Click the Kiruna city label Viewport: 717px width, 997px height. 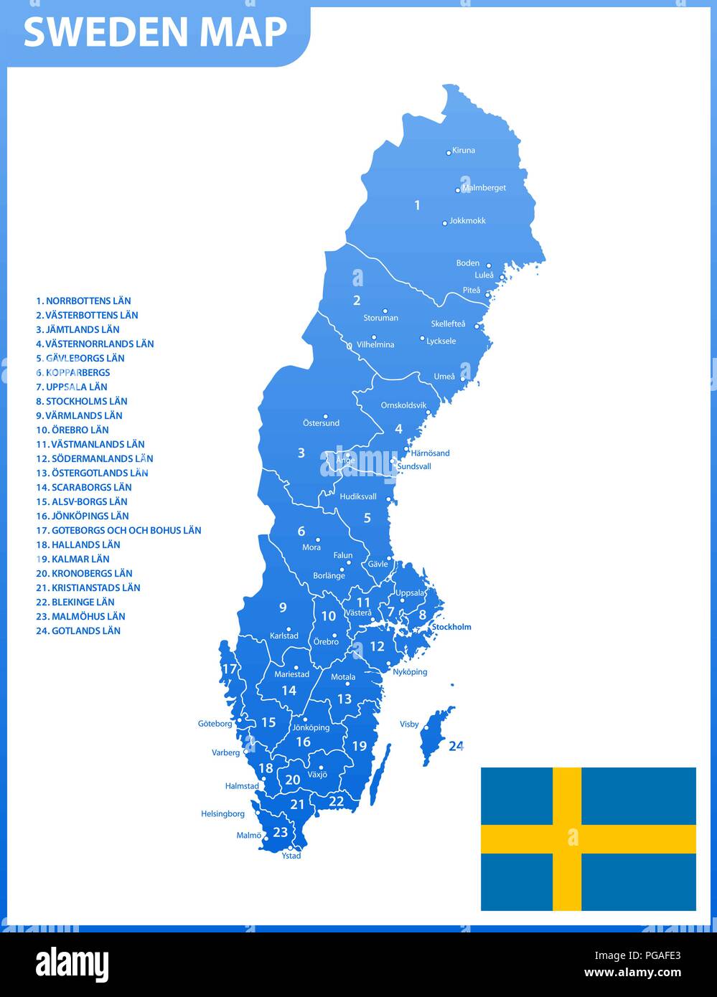(464, 151)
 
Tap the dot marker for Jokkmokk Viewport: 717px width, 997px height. (445, 223)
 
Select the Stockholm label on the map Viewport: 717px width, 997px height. (451, 627)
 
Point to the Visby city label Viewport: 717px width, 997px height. (409, 724)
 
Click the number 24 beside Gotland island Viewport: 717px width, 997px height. (456, 746)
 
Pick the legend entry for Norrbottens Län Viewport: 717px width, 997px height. (83, 301)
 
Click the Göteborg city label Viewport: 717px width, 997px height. (215, 724)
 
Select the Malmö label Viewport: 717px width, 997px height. (248, 836)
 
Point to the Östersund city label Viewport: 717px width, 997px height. (321, 423)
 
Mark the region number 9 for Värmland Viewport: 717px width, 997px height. (283, 608)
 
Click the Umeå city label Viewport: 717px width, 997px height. (444, 377)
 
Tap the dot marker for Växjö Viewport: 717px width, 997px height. (321, 767)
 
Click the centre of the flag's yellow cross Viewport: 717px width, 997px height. (567, 838)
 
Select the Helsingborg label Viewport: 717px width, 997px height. (222, 814)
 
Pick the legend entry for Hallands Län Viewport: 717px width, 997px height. (78, 545)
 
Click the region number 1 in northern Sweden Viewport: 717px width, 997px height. (417, 206)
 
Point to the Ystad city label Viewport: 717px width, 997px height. (291, 856)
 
